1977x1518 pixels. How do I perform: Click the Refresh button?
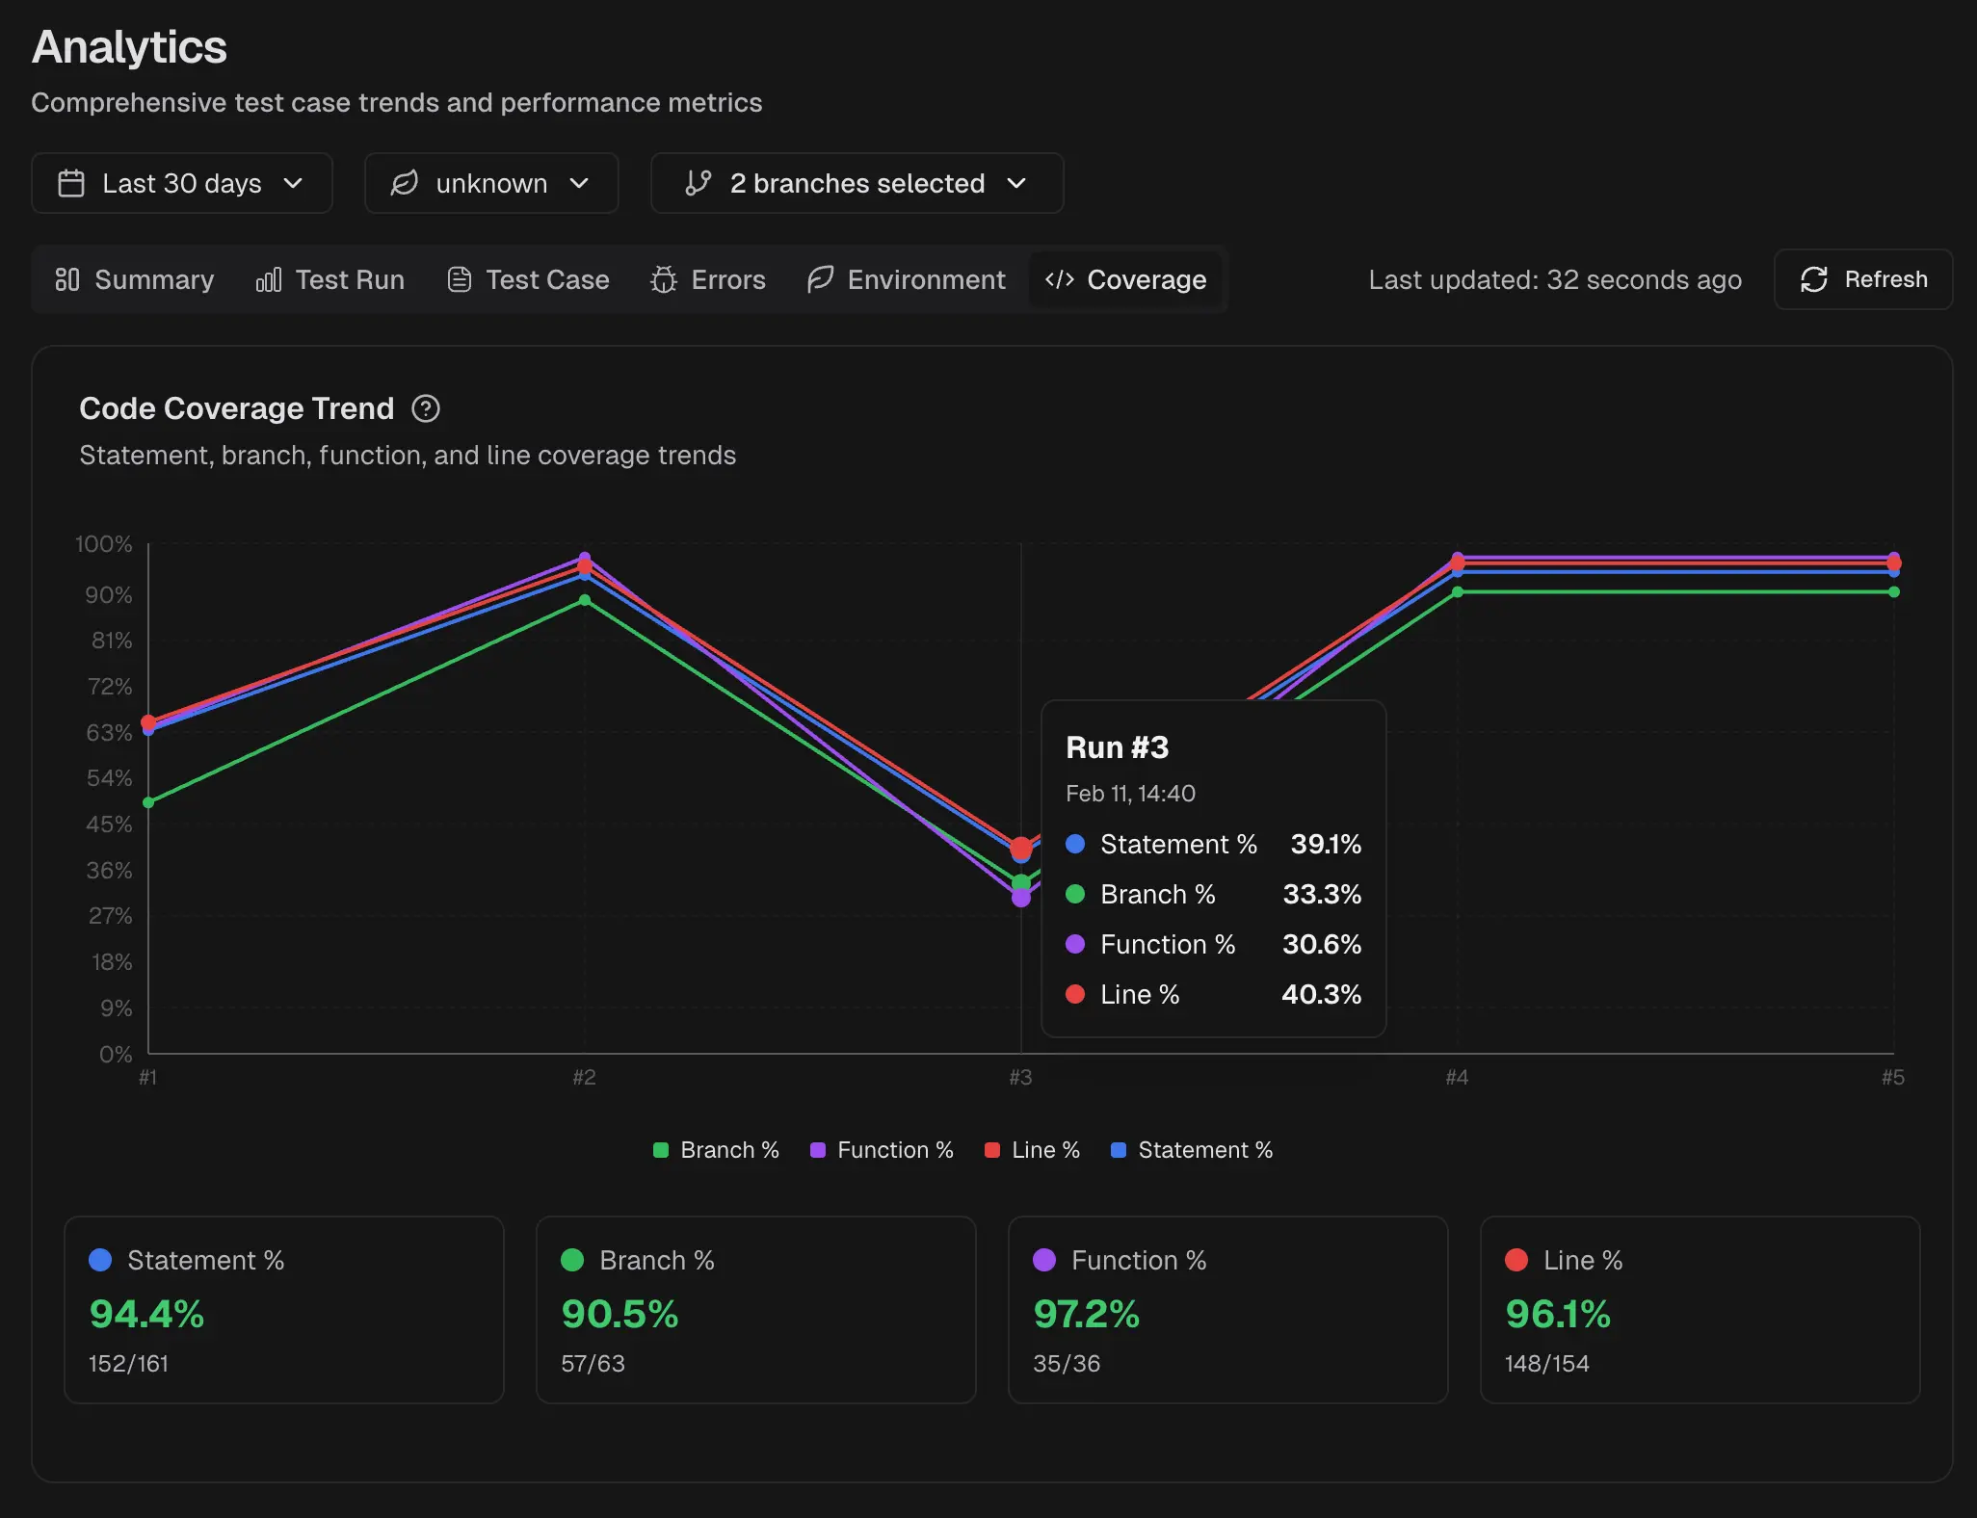pos(1862,279)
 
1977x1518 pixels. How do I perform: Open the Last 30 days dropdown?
pos(182,183)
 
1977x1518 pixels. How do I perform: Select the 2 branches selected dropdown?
pos(857,183)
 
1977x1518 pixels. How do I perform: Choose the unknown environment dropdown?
pos(490,183)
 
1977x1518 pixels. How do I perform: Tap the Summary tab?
pos(135,279)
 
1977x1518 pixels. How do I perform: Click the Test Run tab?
pos(330,279)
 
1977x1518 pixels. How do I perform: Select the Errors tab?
pos(708,279)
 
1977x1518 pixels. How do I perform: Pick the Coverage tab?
pos(1125,279)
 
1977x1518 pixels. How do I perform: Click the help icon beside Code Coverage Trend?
pos(425,408)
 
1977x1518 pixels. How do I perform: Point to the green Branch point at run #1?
pos(148,802)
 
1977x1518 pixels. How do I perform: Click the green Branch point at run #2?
pos(585,600)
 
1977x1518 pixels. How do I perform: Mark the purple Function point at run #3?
pos(1021,899)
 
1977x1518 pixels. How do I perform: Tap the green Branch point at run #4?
pos(1458,592)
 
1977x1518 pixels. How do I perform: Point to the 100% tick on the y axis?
pos(104,544)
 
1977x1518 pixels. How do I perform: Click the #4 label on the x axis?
pos(1457,1077)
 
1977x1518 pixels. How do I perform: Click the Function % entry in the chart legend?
pos(883,1150)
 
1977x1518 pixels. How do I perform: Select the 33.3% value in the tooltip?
pos(1321,894)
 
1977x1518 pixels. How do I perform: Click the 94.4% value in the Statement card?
pos(146,1314)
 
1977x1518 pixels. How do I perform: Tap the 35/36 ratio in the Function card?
pos(1067,1363)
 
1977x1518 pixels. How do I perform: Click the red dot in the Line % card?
pos(1516,1260)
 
